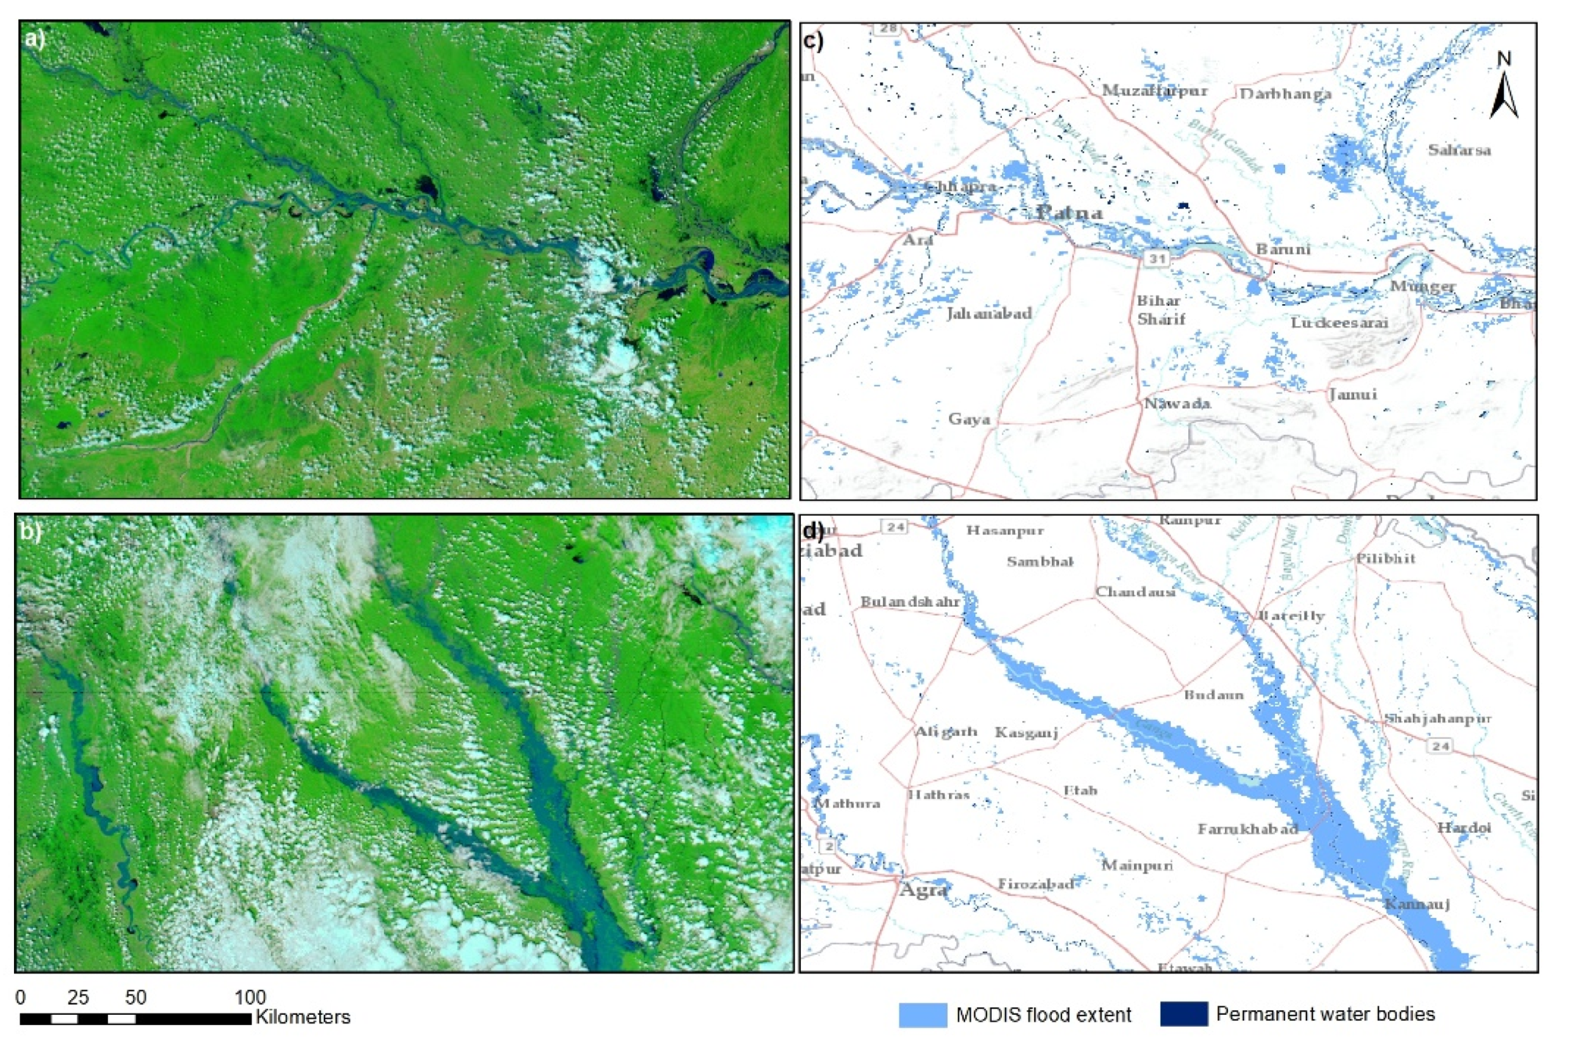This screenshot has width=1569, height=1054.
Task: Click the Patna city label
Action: pos(1069,213)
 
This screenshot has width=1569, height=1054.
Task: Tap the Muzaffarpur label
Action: pos(1155,91)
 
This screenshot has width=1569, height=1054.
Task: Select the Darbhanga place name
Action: pos(1285,94)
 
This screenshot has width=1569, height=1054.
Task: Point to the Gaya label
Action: pos(969,419)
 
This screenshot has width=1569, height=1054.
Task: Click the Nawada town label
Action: pos(1177,403)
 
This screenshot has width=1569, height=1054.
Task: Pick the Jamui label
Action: pos(1352,394)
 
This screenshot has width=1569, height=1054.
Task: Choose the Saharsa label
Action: pos(1459,150)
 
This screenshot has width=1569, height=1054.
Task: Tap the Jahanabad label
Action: pos(989,314)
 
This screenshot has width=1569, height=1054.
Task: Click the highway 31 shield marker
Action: pos(1156,258)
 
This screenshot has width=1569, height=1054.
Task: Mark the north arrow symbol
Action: pos(1504,87)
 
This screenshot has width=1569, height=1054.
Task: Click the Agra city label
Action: pos(923,890)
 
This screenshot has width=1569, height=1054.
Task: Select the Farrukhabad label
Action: pos(1248,829)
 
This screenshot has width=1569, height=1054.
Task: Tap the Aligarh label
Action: pos(945,732)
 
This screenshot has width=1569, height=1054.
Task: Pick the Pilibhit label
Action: pos(1385,559)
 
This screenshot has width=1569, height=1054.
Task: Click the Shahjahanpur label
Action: pos(1437,718)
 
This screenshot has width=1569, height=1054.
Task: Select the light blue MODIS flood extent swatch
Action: pos(922,1014)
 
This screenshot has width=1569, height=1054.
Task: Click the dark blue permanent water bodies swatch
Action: pos(1184,1014)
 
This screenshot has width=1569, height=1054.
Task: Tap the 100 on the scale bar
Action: pos(250,997)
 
